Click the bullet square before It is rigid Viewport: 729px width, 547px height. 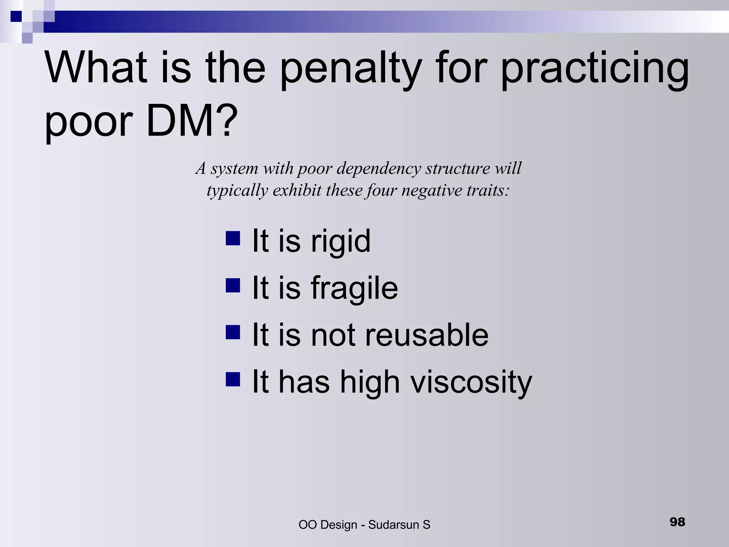[233, 238]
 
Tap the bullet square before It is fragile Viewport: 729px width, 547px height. [233, 285]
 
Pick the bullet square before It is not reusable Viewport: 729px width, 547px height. [233, 332]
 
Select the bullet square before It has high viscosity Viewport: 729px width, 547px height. [233, 379]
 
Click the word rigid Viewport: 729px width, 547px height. [341, 241]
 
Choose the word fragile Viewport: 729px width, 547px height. [354, 288]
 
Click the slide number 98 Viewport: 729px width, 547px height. [677, 522]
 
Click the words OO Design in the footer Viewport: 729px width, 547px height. [328, 525]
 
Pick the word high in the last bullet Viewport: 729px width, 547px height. [370, 382]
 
